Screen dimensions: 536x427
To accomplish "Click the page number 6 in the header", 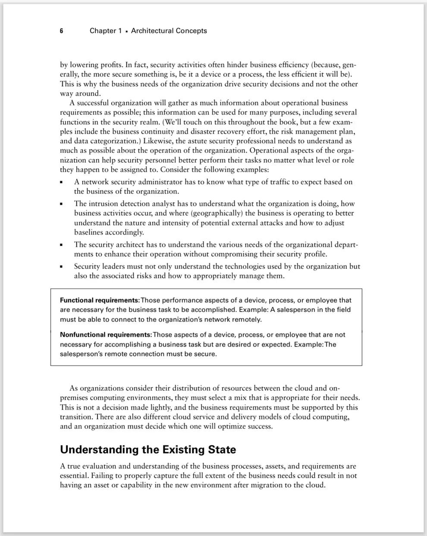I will (61, 31).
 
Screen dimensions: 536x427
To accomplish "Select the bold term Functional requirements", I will (99, 300).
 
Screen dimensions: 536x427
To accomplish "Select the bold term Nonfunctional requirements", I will (105, 334).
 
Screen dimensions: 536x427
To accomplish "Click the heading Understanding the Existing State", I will (148, 450).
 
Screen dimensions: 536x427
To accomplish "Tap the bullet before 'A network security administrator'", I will (62, 183).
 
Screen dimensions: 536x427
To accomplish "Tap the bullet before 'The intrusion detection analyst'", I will (62, 204).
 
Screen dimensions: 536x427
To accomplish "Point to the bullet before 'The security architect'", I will (62, 245).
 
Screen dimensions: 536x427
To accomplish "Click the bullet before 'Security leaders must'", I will (62, 267).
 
